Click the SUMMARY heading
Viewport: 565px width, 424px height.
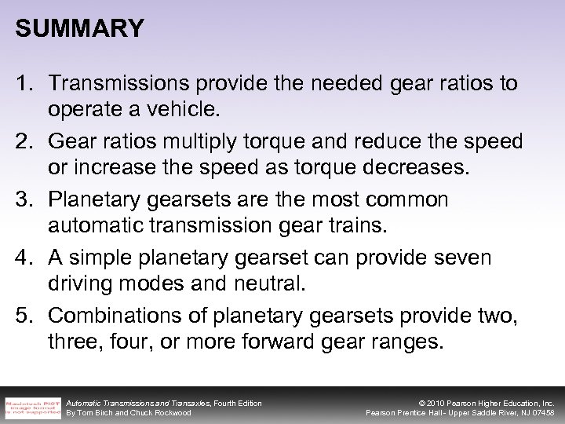pos(79,30)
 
